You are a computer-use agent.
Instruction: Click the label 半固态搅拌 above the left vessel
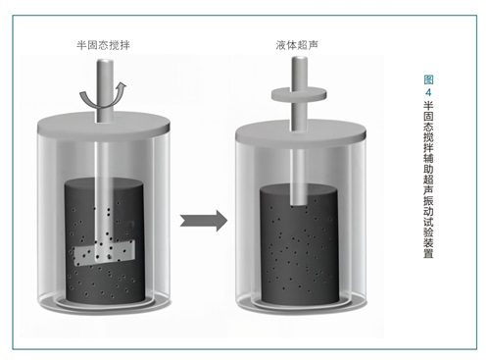[x=103, y=45]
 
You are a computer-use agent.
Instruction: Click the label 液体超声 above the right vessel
[x=297, y=45]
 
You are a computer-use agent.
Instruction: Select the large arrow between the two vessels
[x=204, y=221]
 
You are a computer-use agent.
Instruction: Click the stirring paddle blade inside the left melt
[x=104, y=252]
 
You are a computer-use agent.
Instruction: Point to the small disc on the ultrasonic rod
[x=299, y=94]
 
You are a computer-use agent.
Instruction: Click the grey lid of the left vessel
[x=104, y=125]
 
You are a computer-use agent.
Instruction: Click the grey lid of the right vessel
[x=301, y=131]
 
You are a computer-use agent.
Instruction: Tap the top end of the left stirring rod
[x=105, y=62]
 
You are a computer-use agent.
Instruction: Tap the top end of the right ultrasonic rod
[x=300, y=59]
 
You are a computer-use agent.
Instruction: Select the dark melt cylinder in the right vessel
[x=299, y=243]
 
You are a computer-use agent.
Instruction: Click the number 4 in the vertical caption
[x=428, y=92]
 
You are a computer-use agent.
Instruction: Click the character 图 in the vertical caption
[x=428, y=79]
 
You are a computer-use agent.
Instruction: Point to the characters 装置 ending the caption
[x=428, y=247]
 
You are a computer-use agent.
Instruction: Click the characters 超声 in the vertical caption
[x=428, y=184]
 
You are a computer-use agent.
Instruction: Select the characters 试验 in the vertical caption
[x=428, y=227]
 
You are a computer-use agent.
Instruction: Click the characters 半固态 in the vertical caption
[x=428, y=116]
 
